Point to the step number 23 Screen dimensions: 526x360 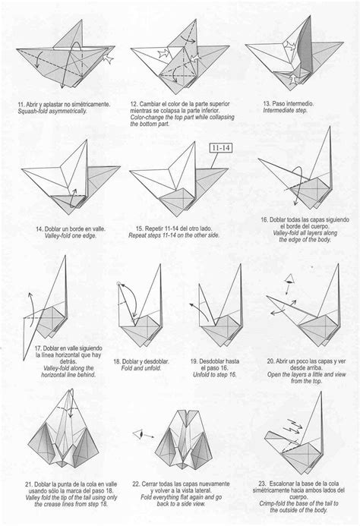[264, 483]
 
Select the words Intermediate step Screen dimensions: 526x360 [286, 110]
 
